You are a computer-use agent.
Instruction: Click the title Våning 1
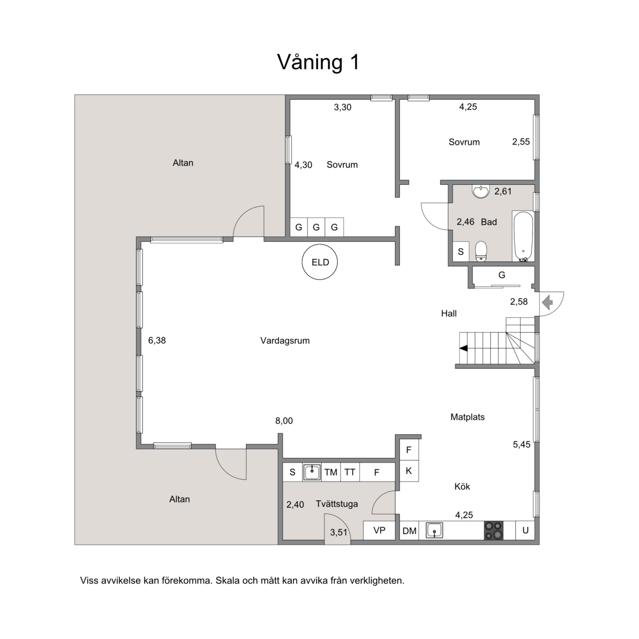tap(318, 62)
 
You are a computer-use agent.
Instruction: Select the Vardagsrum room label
tap(285, 341)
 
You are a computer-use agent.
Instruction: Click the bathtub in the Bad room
tap(523, 236)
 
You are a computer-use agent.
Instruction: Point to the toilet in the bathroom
tap(481, 251)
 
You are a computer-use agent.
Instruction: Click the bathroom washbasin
tap(481, 191)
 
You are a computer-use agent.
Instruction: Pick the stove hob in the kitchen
tap(494, 531)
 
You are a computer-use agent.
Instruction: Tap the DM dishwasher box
tap(409, 531)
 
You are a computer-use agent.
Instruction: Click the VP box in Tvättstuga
tap(379, 531)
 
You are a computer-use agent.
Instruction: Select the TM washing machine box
tap(331, 473)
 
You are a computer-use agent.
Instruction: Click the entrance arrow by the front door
tap(547, 302)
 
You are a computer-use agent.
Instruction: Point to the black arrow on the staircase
tap(463, 348)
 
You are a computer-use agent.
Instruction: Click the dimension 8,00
tap(284, 421)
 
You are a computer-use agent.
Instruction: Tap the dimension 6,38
tap(157, 341)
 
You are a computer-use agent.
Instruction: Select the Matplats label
tap(468, 417)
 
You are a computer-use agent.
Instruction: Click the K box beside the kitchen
tap(409, 471)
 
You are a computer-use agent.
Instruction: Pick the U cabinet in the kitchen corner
tap(525, 531)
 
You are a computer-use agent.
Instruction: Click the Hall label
tap(449, 314)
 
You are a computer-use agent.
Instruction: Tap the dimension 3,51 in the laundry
tap(339, 532)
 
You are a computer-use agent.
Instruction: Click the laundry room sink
tap(312, 473)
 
